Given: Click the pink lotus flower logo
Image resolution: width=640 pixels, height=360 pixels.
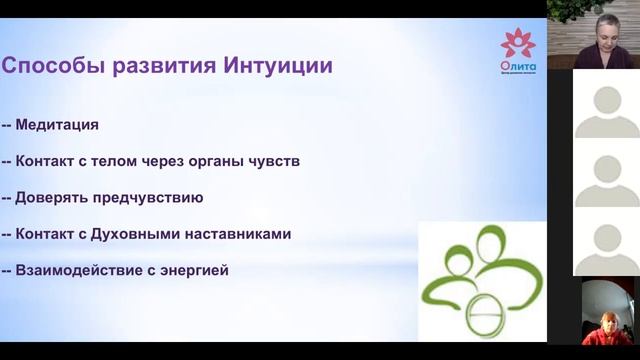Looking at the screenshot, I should (517, 43).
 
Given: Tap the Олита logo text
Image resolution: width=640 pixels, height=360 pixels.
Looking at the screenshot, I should (517, 66).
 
